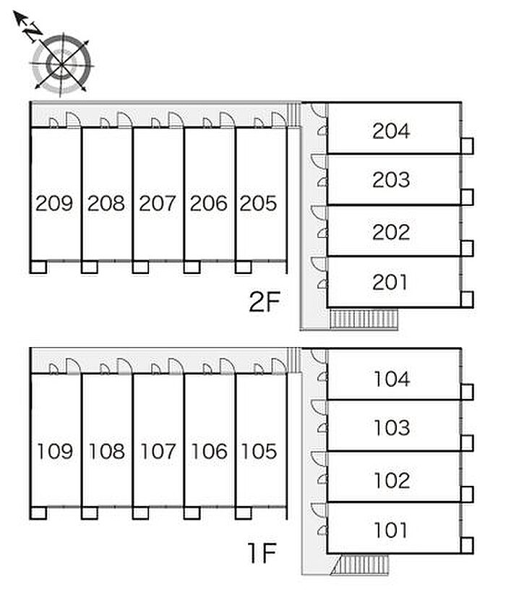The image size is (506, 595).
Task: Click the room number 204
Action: pos(391,131)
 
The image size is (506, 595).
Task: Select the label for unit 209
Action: pos(54,203)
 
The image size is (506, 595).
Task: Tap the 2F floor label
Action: pos(265,301)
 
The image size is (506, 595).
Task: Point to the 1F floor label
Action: pos(262,553)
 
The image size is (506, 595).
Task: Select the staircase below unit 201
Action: pos(364,319)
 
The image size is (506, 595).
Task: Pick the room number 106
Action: pos(209,451)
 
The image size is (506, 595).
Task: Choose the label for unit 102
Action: pos(392,480)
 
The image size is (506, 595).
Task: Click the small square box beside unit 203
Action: pos(467,197)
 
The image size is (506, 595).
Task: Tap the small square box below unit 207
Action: pos(141,267)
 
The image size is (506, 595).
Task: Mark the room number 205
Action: pos(258,203)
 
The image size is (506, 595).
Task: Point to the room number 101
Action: pos(390,530)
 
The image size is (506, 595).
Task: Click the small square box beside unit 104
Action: pos(467,392)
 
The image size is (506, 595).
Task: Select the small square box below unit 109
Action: pos(38,513)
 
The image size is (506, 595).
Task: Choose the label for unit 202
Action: pos(391,232)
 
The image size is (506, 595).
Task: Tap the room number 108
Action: pos(106,451)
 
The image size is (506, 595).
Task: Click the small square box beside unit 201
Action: pos(467,299)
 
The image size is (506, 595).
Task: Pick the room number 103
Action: pos(392,428)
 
